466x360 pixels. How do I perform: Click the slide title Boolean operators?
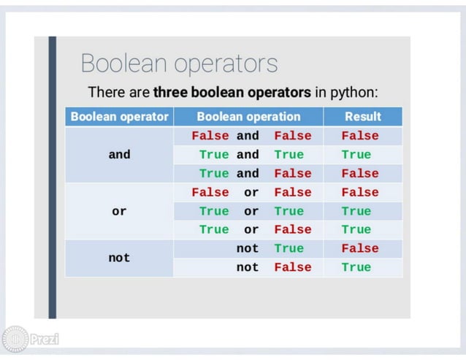click(x=179, y=64)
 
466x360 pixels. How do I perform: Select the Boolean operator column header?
click(x=119, y=117)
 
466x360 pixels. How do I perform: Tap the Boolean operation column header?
click(x=248, y=117)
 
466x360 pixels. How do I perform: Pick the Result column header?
click(x=362, y=117)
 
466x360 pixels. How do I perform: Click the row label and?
click(x=119, y=155)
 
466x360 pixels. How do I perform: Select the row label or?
click(x=119, y=211)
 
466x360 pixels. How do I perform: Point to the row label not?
click(x=119, y=258)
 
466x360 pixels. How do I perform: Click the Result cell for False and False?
click(x=360, y=136)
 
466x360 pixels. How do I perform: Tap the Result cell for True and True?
click(x=356, y=155)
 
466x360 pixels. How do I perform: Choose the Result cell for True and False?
click(x=360, y=174)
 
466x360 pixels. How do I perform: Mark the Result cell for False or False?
click(x=360, y=193)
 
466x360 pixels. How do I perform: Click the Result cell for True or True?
click(x=356, y=211)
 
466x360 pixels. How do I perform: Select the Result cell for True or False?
click(x=356, y=230)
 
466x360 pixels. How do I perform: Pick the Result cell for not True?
click(x=360, y=248)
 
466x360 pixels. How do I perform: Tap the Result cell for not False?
click(x=356, y=267)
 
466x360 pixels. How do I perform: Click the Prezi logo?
click(x=31, y=339)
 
